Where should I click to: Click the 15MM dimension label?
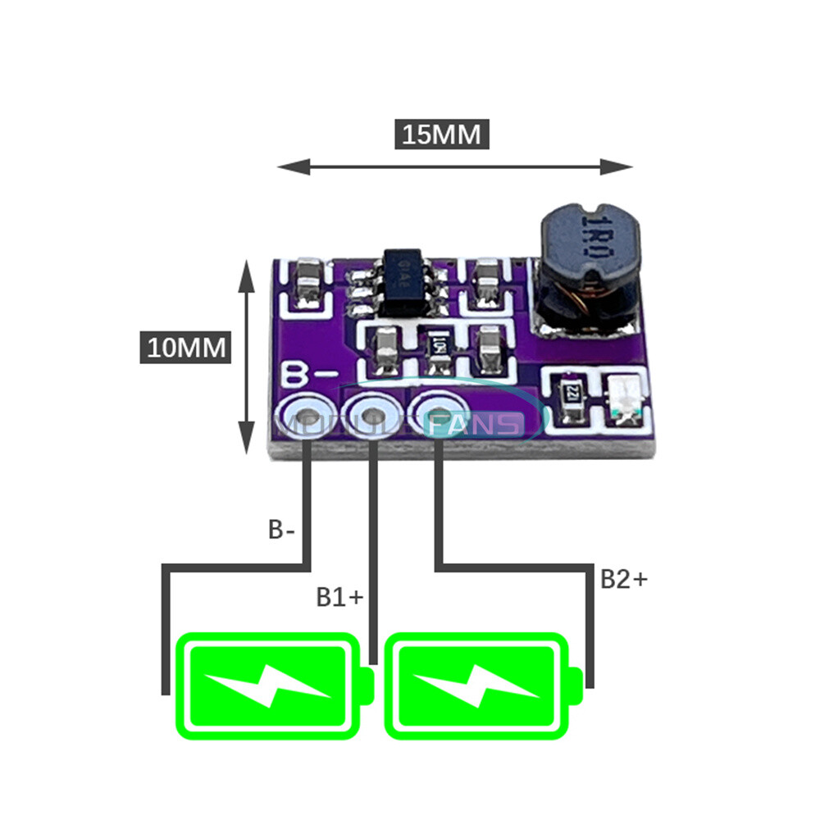coord(443,134)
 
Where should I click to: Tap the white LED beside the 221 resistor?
coord(627,399)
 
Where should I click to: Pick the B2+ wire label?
coord(623,579)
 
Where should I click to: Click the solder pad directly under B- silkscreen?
coord(308,419)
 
